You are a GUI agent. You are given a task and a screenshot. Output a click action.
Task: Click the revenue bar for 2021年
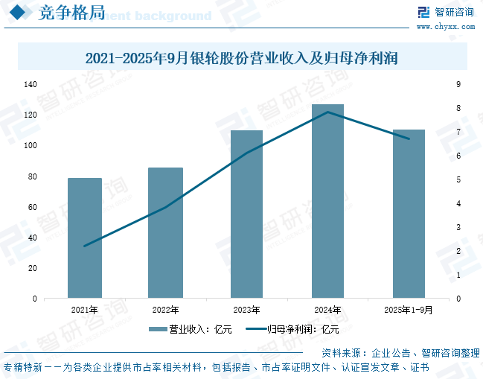click(x=84, y=238)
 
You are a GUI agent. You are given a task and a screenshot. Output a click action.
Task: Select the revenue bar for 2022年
click(x=165, y=233)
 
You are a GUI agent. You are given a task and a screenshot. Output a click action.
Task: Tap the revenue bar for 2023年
click(x=246, y=214)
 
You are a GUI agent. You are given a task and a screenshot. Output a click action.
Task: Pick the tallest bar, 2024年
click(x=327, y=201)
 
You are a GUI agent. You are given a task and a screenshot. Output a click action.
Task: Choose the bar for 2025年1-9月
click(x=409, y=214)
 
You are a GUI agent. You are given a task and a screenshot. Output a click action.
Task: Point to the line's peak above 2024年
click(x=327, y=112)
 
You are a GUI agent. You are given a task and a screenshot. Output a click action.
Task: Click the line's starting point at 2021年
click(x=84, y=246)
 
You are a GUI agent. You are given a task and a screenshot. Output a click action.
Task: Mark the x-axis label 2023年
click(x=246, y=310)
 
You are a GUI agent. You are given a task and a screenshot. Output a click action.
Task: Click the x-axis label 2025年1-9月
click(x=409, y=310)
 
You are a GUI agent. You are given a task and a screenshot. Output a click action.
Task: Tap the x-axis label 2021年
click(x=84, y=310)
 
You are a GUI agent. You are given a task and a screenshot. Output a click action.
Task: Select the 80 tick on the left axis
click(x=32, y=176)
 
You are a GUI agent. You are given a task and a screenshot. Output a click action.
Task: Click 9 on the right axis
click(x=458, y=85)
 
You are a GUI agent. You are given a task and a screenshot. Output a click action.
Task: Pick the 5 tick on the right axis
click(x=458, y=179)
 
